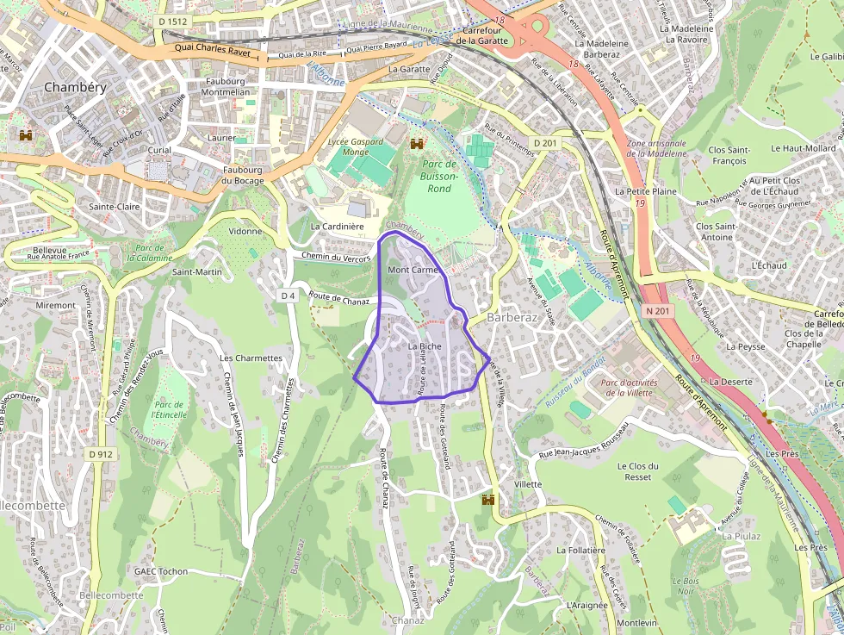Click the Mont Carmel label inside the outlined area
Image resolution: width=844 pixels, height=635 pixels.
pos(413,270)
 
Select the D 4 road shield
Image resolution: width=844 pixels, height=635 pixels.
pos(288,296)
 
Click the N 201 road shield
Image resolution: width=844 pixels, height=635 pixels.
pos(656,310)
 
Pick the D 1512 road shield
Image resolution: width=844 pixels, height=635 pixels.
pos(173,21)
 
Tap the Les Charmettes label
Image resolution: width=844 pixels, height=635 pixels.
pos(251,358)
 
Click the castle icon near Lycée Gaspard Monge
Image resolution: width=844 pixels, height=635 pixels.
pos(418,144)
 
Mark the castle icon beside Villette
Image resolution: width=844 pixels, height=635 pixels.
pos(489,500)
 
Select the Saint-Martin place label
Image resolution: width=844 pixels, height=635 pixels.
pos(197,272)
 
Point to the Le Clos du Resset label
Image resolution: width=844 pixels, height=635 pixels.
pos(638,471)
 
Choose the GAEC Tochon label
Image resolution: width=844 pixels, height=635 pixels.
pos(161,571)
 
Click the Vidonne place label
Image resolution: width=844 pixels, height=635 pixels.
pos(245,232)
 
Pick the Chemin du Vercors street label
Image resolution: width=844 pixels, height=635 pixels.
pos(337,258)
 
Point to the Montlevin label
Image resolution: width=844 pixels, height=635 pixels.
pos(636,623)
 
